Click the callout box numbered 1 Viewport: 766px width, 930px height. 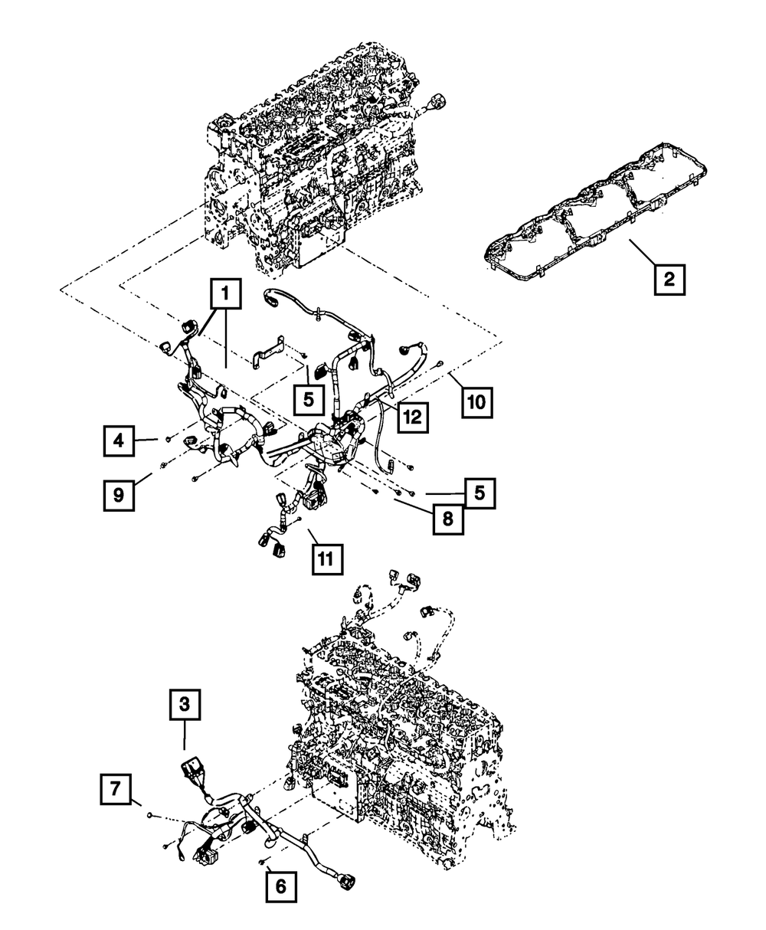click(x=226, y=293)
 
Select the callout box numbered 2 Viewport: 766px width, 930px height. click(x=669, y=280)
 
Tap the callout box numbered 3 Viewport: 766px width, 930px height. click(x=185, y=704)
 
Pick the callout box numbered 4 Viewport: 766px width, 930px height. click(x=119, y=441)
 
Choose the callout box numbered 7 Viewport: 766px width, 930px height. click(x=116, y=789)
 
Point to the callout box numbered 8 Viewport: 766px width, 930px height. click(x=448, y=519)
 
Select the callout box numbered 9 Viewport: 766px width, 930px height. click(x=119, y=496)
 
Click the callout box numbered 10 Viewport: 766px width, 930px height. click(x=477, y=402)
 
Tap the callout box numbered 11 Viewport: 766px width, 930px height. click(x=327, y=559)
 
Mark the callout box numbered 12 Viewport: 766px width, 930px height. click(x=413, y=418)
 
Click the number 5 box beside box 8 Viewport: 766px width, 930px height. click(x=480, y=493)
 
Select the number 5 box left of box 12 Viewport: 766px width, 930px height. click(x=309, y=400)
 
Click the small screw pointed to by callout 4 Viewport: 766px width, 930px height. click(x=168, y=440)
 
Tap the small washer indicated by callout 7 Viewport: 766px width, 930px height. click(x=150, y=814)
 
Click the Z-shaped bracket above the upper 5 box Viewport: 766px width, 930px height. click(x=270, y=352)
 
